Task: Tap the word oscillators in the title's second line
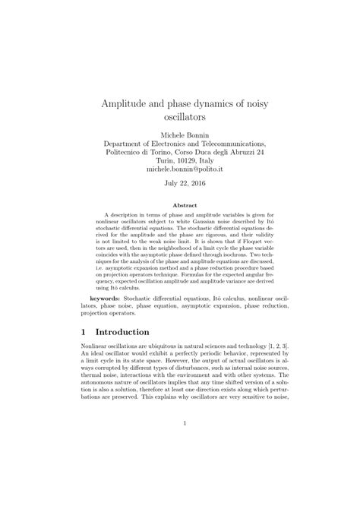(179, 118)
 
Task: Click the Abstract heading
(179, 205)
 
